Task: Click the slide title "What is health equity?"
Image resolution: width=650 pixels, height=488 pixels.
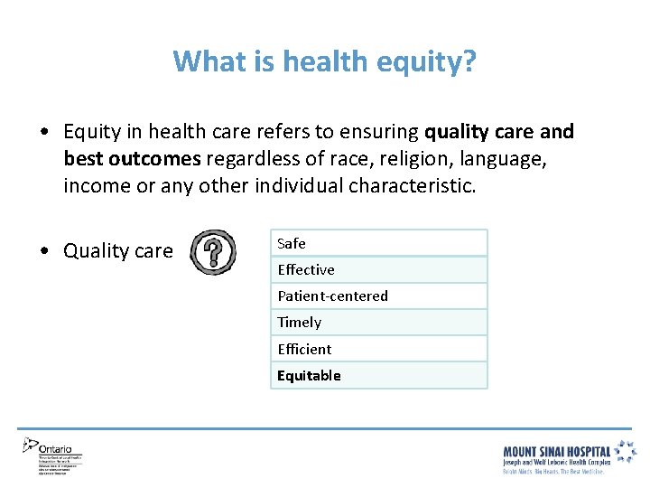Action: (x=325, y=62)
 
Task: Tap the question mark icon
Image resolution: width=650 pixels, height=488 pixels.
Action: (x=212, y=251)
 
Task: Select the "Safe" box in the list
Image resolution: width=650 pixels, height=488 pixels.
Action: (x=378, y=243)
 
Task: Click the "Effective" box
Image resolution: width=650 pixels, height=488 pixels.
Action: (x=378, y=269)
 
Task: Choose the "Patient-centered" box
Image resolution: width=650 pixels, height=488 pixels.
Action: (x=378, y=296)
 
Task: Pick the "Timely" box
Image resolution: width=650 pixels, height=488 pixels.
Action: (x=378, y=322)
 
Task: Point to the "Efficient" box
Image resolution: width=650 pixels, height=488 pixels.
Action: (x=378, y=349)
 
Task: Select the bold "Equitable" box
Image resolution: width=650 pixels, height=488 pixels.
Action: (x=378, y=375)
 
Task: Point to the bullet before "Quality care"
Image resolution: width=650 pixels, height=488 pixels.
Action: (x=44, y=251)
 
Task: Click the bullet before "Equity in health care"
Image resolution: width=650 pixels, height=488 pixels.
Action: (x=44, y=132)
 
